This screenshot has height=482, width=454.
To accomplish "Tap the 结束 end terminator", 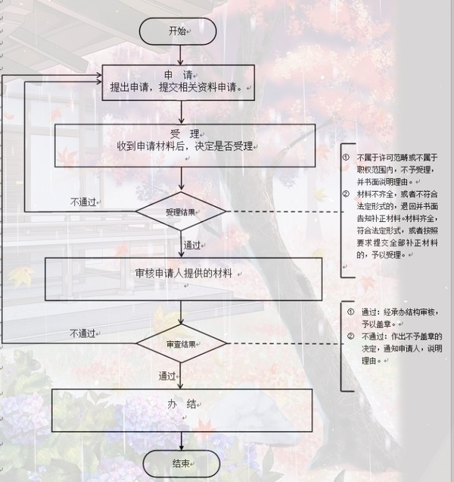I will (180, 463).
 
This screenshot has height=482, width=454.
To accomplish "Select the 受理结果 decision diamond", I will (181, 211).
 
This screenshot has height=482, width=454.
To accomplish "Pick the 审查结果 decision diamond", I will (181, 344).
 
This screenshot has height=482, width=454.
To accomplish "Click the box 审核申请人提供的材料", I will (184, 272).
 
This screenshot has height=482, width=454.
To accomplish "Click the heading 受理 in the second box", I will (179, 132).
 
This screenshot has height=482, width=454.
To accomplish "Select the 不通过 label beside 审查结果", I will (83, 333).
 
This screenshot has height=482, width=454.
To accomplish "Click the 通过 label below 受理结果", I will (193, 246).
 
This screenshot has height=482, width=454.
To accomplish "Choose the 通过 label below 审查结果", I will (168, 377).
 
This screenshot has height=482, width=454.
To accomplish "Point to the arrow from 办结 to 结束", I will (180, 440).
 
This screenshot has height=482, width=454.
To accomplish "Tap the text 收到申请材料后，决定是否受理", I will (179, 145).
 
